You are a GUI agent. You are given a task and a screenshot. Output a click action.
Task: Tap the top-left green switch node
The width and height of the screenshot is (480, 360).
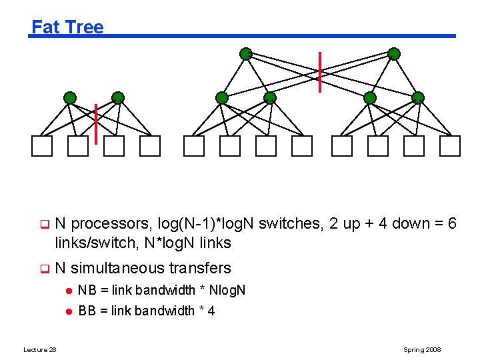coord(246,54)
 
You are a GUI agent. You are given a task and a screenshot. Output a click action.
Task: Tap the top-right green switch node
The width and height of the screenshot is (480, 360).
coord(394,54)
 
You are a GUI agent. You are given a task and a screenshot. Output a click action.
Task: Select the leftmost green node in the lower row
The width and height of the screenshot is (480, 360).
coord(70,98)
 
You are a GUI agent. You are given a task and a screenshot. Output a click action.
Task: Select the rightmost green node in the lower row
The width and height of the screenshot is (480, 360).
coord(418,98)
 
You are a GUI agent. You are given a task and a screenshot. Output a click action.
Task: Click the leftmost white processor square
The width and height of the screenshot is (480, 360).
coord(42,145)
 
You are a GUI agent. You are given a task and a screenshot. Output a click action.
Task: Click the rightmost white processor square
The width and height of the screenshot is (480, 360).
coord(450,145)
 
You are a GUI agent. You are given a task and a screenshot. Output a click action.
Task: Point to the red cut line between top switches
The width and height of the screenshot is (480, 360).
coord(320,72)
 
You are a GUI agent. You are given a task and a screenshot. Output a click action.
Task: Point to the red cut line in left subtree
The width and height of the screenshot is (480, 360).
coord(96,123)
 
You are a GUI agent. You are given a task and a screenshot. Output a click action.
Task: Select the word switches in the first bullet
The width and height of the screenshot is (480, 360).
coord(289,224)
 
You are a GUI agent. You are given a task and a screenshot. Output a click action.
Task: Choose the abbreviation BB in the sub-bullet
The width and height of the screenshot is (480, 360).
coord(87,311)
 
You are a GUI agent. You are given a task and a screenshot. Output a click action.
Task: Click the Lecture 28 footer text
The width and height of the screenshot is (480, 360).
coord(40,350)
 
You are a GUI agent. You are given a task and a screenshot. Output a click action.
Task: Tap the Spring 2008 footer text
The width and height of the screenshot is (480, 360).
coord(422,350)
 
